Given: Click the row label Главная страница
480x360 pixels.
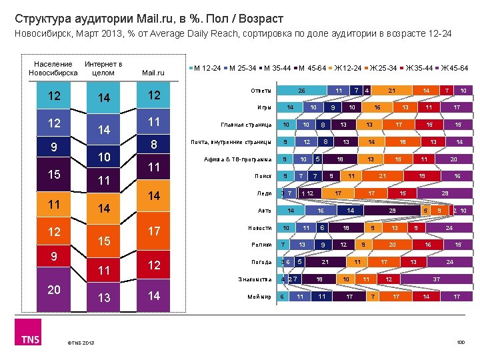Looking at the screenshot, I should [x=245, y=125].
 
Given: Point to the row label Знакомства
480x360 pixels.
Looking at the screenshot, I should [x=255, y=279].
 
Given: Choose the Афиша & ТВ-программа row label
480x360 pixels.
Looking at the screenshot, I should [x=238, y=159].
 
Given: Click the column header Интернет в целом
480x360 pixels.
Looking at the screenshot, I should [x=103, y=68].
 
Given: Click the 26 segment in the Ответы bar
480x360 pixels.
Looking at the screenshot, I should [x=301, y=90].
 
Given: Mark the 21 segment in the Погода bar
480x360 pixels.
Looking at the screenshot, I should [x=326, y=262].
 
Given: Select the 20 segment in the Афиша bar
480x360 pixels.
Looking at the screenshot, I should [x=453, y=159].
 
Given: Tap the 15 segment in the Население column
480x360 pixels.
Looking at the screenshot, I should [x=53, y=175].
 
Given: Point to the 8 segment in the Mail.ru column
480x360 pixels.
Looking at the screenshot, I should [x=154, y=145].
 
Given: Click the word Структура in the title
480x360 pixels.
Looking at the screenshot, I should [x=41, y=19].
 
